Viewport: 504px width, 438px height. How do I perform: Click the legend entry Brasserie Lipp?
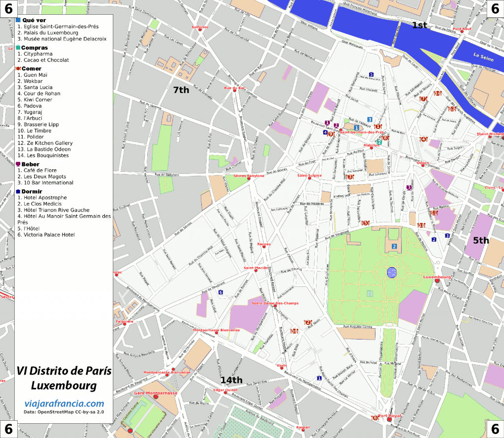tap(38, 125)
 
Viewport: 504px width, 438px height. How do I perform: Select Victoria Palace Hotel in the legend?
tap(46, 235)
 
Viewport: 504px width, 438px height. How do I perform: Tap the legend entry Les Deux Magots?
tap(41, 176)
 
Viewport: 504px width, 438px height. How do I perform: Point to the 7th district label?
tap(181, 90)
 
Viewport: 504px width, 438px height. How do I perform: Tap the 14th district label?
tap(231, 380)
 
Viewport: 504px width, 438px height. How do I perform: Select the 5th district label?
tap(481, 241)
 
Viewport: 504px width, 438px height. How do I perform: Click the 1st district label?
tap(419, 25)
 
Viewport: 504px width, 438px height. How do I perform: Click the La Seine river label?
tap(483, 55)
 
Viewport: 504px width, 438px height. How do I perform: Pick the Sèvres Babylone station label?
tap(249, 176)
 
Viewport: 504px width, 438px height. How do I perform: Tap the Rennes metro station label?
tap(264, 244)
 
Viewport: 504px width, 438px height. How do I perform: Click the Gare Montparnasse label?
tap(156, 394)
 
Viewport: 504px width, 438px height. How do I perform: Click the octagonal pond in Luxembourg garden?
tap(392, 273)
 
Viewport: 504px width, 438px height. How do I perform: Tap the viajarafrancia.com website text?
tap(64, 404)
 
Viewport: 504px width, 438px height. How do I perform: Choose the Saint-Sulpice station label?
tap(309, 175)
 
